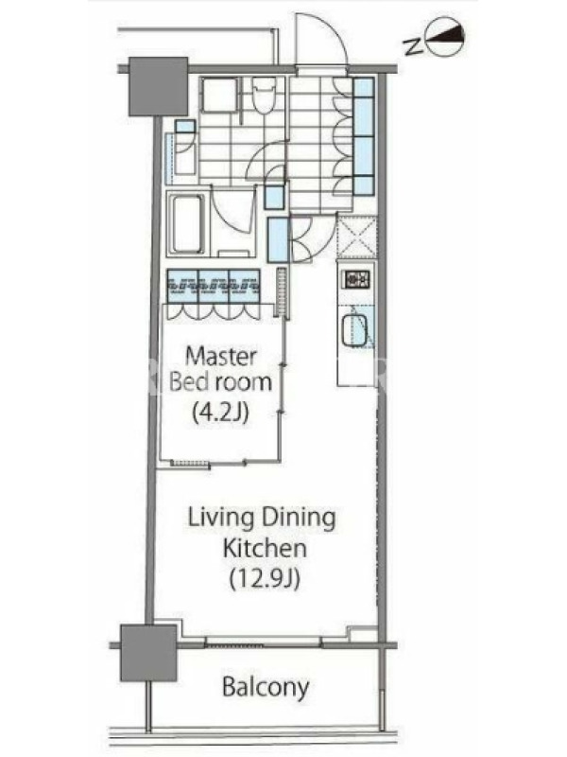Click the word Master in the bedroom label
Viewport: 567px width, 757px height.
click(221, 357)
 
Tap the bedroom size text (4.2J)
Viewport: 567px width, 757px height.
click(221, 413)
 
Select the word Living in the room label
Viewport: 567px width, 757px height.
click(221, 518)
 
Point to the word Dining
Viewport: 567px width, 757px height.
click(299, 518)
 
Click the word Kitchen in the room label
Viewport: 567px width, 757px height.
click(265, 549)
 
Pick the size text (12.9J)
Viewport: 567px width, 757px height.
click(265, 578)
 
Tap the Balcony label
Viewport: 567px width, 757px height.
click(266, 687)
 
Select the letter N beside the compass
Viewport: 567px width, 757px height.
click(412, 45)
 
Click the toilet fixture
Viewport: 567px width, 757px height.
click(264, 97)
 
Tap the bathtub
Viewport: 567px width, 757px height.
click(186, 224)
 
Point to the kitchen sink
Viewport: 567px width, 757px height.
click(355, 330)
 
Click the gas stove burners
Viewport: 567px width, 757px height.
click(356, 278)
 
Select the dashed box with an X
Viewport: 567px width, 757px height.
click(356, 238)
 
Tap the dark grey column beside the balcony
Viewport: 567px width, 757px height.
click(148, 653)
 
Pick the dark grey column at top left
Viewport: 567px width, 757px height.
click(158, 87)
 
